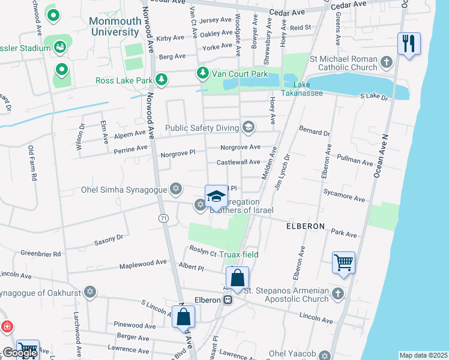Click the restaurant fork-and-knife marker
pyautogui.click(x=409, y=44)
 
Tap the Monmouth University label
pyautogui.click(x=122, y=26)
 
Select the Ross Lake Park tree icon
pyautogui.click(x=161, y=80)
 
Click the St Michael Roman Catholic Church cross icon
pyautogui.click(x=387, y=62)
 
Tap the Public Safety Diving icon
pyautogui.click(x=248, y=127)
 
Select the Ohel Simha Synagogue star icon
pyautogui.click(x=175, y=190)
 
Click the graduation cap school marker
pyautogui.click(x=216, y=196)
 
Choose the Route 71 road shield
pyautogui.click(x=163, y=220)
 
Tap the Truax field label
pyautogui.click(x=238, y=254)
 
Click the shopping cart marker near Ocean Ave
pyautogui.click(x=343, y=262)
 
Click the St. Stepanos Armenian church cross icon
pyautogui.click(x=337, y=293)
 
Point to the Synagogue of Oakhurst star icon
pyautogui.click(x=90, y=292)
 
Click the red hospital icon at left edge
pyautogui.click(x=7, y=327)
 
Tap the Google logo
pyautogui.click(x=19, y=353)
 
